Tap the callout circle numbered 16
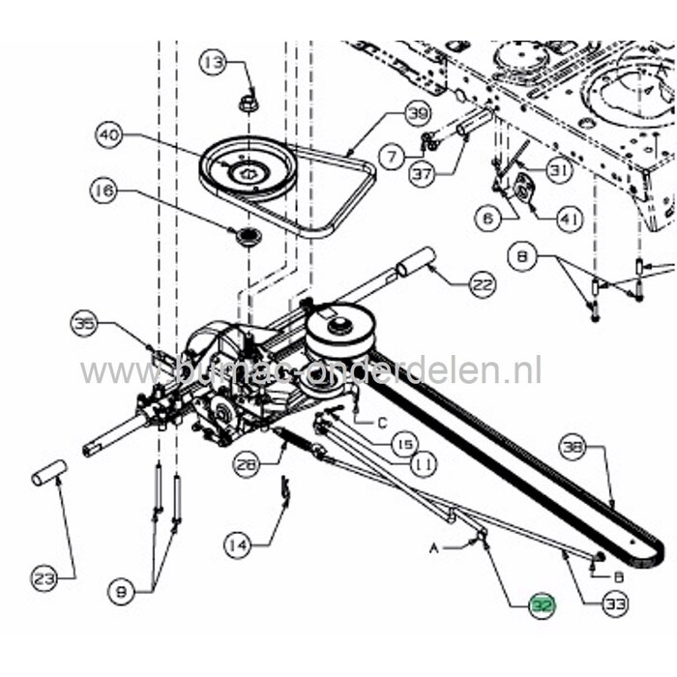(x=105, y=192)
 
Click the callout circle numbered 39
(x=417, y=115)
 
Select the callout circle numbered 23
(x=44, y=578)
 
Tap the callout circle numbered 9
(x=121, y=592)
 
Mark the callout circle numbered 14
(x=236, y=545)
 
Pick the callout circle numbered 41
(x=569, y=221)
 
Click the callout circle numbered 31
(x=559, y=171)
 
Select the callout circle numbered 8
(x=522, y=257)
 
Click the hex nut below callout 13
(x=249, y=100)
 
